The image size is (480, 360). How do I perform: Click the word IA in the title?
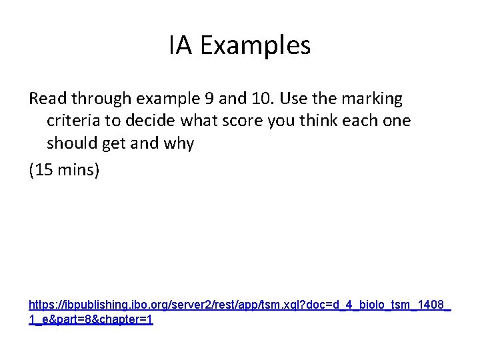tap(180, 46)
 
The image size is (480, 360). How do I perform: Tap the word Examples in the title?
tap(255, 46)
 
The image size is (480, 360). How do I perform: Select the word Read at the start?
tap(47, 99)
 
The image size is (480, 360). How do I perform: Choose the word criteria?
tap(73, 121)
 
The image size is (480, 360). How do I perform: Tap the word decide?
tap(147, 121)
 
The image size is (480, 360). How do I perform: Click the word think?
tap(316, 121)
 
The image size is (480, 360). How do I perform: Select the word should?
tap(72, 144)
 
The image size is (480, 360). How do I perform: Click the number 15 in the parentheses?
tap(44, 171)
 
